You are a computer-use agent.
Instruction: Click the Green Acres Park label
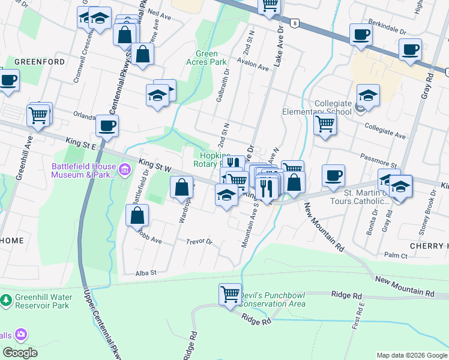[x=206, y=58]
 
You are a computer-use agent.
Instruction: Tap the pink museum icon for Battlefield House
[x=125, y=170]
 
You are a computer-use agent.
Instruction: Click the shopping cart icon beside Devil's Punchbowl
[x=230, y=295]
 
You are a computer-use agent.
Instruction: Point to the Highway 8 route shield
[x=294, y=23]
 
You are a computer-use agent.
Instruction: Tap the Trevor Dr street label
[x=200, y=242]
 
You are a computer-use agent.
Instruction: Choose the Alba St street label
[x=146, y=272]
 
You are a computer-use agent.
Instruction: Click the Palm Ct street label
[x=396, y=256]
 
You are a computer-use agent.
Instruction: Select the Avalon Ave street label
[x=252, y=67]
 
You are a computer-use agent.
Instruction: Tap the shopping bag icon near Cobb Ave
[x=138, y=214]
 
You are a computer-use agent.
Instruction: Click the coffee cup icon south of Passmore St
[x=333, y=175]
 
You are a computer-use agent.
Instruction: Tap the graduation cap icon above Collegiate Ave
[x=368, y=95]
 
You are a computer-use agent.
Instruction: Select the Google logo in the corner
[x=20, y=352]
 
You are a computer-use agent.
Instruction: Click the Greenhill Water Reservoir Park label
[x=41, y=301]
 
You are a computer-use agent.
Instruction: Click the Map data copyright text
[x=411, y=355]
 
